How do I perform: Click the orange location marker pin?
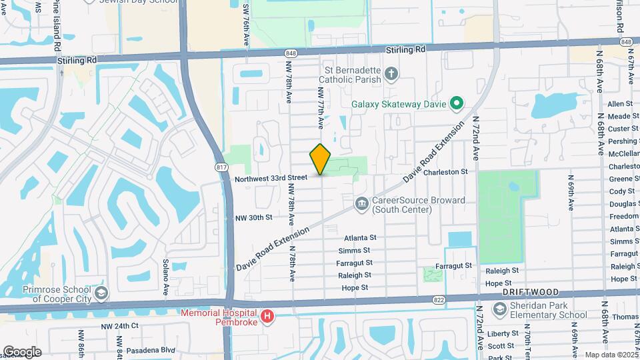320,159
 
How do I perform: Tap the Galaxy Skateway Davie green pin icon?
457,103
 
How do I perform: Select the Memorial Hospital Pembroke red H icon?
267,315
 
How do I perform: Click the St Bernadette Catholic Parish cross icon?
392,73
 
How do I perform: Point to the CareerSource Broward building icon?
361,203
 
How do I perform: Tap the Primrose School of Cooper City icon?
100,293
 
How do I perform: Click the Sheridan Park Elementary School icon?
500,309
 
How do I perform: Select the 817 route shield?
221,168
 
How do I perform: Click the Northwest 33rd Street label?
271,178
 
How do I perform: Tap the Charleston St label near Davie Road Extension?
445,172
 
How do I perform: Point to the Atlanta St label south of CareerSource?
361,237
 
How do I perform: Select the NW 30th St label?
254,217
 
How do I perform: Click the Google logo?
22,351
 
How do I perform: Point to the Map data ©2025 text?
611,355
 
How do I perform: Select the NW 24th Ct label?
119,326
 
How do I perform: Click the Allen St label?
620,104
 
